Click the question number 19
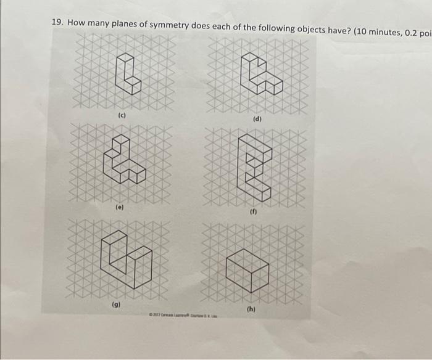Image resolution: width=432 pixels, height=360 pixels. (57, 22)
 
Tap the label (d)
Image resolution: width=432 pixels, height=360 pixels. (257, 118)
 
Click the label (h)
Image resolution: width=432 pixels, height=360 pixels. (251, 308)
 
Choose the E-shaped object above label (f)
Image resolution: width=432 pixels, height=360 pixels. (255, 170)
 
